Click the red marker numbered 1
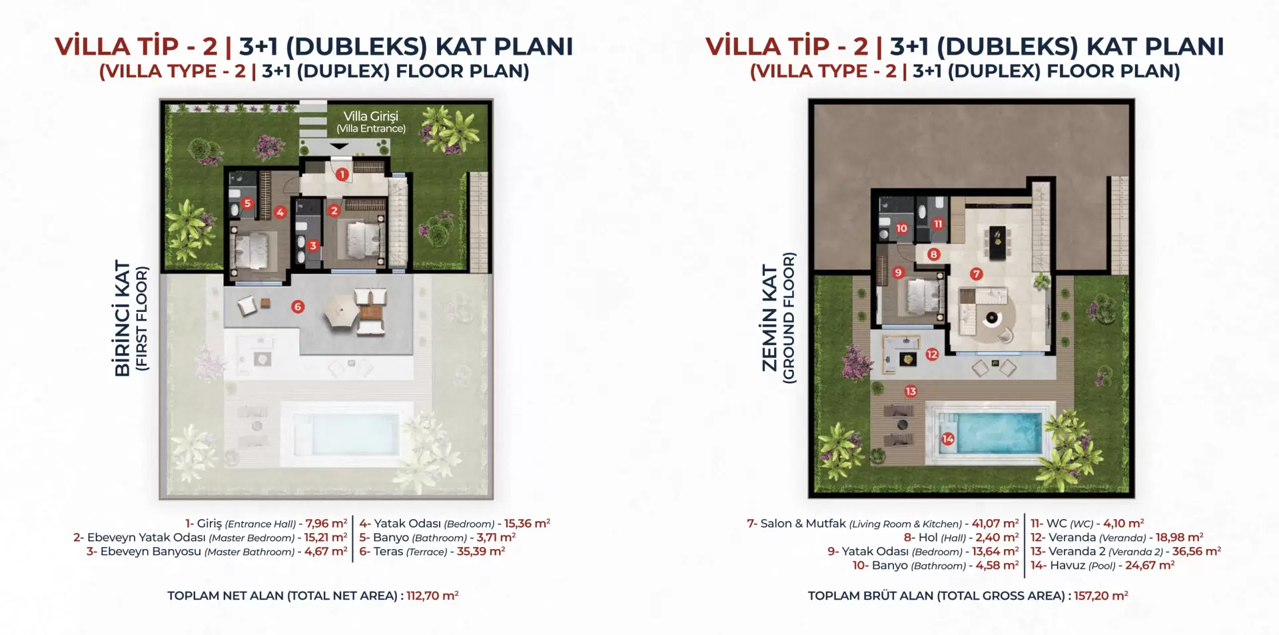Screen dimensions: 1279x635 click(x=342, y=175)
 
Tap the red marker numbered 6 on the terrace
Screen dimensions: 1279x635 click(x=298, y=307)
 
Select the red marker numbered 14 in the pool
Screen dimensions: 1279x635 click(x=948, y=439)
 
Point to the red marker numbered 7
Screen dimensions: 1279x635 click(x=977, y=274)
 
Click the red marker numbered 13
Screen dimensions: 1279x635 click(x=911, y=391)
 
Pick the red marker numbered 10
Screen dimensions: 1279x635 click(x=901, y=228)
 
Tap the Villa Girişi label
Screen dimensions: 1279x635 click(x=371, y=116)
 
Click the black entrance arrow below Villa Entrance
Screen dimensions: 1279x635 click(x=339, y=146)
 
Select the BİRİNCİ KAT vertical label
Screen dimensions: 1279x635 click(x=123, y=318)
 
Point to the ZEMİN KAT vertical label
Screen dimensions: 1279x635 click(x=770, y=318)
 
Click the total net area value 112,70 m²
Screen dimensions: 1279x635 click(x=432, y=596)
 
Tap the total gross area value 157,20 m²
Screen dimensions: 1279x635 click(x=1101, y=596)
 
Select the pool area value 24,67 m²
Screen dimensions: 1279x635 click(x=1150, y=565)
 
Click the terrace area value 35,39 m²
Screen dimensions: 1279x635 click(x=481, y=551)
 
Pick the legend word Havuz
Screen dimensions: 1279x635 click(x=1068, y=565)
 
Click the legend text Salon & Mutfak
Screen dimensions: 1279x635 click(x=803, y=523)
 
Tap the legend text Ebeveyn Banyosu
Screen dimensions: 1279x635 click(x=151, y=551)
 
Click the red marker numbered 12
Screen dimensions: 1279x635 click(x=932, y=354)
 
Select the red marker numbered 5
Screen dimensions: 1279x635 click(x=248, y=203)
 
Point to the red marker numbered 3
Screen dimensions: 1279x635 click(x=313, y=245)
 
